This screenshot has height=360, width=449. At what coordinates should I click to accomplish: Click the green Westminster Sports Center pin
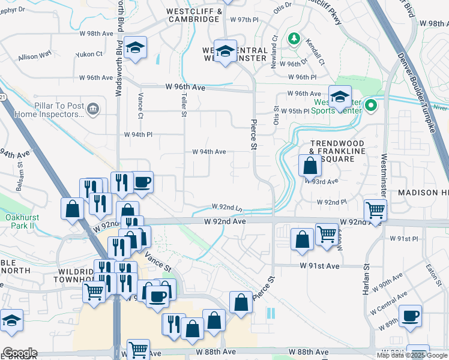point(370,107)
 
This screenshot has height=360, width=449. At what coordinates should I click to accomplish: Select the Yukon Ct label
point(89,55)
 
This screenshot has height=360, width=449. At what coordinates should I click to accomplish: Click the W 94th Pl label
point(142,134)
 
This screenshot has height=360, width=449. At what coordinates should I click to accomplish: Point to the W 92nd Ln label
point(227,207)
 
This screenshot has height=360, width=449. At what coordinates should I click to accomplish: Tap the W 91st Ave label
point(320,266)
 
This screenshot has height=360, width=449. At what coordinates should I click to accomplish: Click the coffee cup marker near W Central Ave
point(411,316)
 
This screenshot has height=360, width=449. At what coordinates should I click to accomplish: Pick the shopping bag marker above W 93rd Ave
point(310,164)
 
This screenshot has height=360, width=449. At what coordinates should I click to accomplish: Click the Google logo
point(20,353)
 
